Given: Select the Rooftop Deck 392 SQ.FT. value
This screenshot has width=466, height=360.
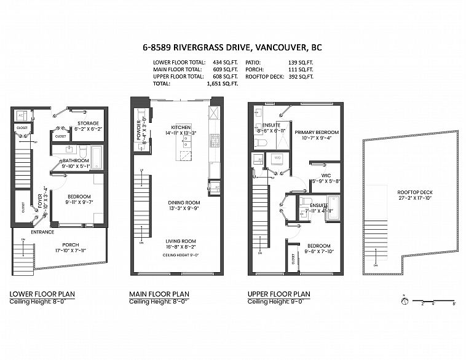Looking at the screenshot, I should click(301, 76).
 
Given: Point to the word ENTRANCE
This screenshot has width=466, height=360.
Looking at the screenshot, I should click(42, 232).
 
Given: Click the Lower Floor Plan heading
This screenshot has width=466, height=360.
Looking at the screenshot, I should click(42, 294).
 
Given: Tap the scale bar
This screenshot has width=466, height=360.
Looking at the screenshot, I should click(434, 301).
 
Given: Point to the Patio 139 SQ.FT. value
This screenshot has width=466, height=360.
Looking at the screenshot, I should click(301, 63).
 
